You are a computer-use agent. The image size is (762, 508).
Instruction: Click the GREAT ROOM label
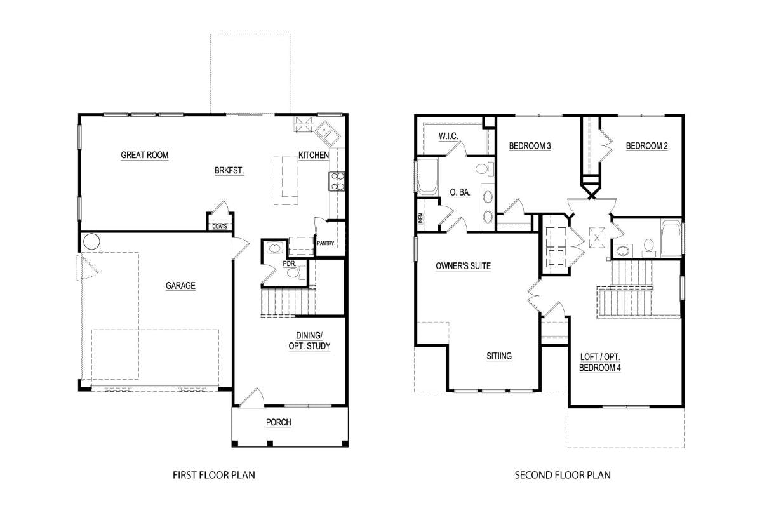point(145,155)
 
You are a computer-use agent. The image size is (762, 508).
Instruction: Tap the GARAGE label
point(180,286)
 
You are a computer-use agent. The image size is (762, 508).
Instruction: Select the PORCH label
point(279,422)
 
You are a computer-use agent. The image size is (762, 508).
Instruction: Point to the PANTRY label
point(326,243)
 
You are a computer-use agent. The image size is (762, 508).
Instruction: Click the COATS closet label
point(220,226)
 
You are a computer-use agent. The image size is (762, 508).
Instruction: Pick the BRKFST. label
point(229,170)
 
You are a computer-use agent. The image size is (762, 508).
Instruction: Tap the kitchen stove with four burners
point(337,182)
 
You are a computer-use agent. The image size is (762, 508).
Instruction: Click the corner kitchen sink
point(327,133)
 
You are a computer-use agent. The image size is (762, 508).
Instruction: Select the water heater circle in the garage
point(91,241)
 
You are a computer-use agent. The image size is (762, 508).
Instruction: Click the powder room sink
point(274,248)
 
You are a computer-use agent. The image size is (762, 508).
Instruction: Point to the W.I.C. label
point(448,136)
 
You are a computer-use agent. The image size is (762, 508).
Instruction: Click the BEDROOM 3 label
point(530,146)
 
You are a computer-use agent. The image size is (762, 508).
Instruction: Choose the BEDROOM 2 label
point(646,146)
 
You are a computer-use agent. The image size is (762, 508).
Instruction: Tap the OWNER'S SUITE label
point(464,265)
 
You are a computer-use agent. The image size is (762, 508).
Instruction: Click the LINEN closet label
point(420,220)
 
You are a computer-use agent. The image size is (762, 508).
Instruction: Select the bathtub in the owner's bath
point(427,177)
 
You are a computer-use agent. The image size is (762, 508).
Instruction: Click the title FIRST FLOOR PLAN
point(214,475)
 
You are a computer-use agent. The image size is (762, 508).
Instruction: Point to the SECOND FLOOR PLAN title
point(563,475)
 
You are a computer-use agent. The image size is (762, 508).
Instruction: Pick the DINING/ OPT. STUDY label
point(310,341)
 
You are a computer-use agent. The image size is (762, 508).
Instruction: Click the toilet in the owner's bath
point(485,169)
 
